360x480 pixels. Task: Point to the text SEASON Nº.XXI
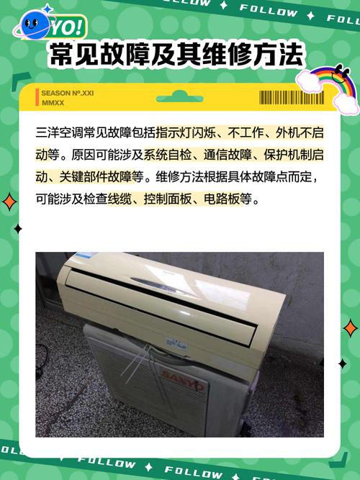click(68, 93)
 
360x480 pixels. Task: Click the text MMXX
click(53, 102)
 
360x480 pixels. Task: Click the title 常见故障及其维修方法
click(176, 55)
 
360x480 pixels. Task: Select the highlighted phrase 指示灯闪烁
click(179, 134)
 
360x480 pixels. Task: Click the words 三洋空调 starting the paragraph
click(59, 134)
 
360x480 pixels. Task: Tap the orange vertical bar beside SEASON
click(37, 97)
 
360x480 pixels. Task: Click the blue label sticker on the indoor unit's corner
click(85, 257)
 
